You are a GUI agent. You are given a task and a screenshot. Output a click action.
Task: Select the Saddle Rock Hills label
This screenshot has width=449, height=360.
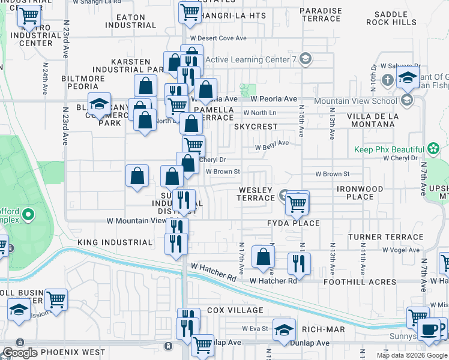394,18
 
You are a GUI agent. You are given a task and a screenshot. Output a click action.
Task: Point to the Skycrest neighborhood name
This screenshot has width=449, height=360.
256,127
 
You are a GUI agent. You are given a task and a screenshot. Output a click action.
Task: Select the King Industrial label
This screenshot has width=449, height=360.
115,242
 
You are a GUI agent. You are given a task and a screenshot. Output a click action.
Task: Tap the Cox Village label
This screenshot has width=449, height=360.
235,310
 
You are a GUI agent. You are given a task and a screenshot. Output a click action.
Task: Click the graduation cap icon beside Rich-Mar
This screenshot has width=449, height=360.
284,329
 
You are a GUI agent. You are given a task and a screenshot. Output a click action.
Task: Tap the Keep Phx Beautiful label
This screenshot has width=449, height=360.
388,149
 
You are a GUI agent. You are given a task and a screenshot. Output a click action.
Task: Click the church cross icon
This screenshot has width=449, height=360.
388,80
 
